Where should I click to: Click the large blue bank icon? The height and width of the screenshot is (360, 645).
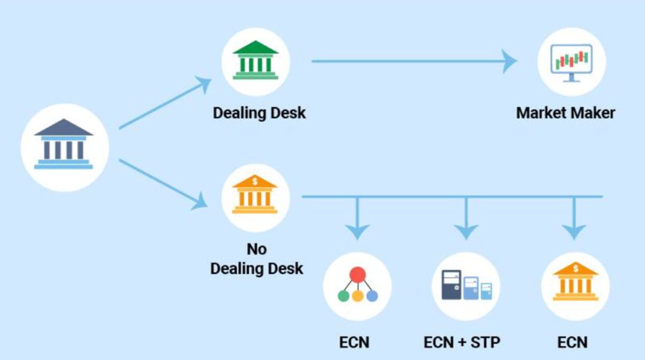pos(64,147)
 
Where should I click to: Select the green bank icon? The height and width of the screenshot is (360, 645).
pos(255,61)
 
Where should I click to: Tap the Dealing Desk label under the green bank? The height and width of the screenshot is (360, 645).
pos(259,113)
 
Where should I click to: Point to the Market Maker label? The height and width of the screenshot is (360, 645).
pos(565,113)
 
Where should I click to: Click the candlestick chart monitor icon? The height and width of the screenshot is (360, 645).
pos(571,61)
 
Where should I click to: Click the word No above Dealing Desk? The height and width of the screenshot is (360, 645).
pos(257,249)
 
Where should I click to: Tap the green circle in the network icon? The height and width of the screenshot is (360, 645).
pos(343,296)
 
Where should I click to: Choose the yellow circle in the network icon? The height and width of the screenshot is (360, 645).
pos(358,296)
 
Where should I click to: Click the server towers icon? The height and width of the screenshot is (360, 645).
pos(466,286)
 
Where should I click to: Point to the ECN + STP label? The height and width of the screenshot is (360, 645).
pos(462,341)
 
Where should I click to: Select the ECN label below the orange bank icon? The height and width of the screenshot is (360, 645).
pos(572,341)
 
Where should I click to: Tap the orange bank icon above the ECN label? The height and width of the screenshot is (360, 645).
pos(575,286)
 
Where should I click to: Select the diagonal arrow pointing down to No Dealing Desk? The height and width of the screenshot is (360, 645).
pos(163,184)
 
